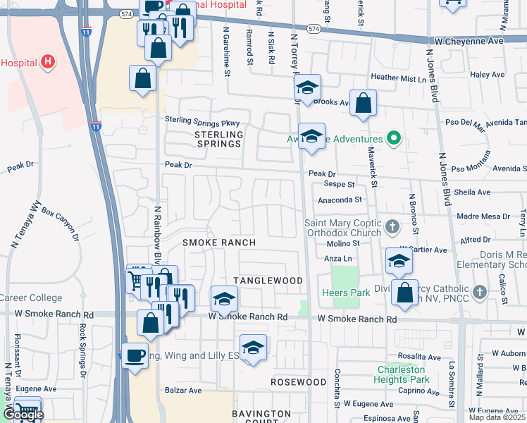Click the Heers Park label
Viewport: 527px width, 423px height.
tap(341, 292)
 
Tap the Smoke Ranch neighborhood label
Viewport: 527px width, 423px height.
tap(218, 243)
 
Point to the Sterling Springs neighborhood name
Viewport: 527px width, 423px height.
tap(218, 139)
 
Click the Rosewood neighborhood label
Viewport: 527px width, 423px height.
tap(299, 381)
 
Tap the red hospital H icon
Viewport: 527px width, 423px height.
tap(48, 62)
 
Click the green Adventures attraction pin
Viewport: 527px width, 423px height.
tap(395, 139)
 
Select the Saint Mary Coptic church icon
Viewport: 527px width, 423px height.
tap(393, 226)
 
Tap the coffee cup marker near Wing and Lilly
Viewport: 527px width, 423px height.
tap(135, 355)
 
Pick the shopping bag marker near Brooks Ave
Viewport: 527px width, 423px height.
tap(363, 103)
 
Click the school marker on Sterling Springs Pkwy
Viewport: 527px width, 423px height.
tap(311, 135)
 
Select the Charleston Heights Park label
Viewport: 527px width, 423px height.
tap(402, 374)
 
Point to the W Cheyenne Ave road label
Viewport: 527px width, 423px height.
tap(469, 42)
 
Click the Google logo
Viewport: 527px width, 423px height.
tap(23, 415)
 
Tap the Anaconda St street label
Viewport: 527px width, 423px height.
tap(339, 200)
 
